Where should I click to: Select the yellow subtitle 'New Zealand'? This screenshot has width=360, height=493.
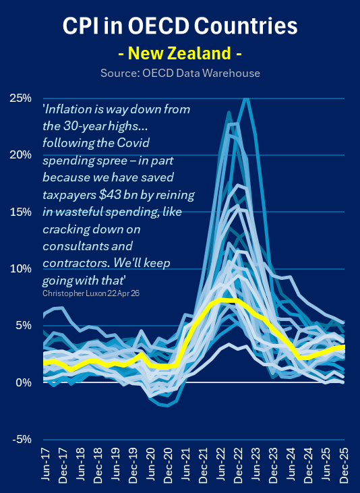(180, 53)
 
